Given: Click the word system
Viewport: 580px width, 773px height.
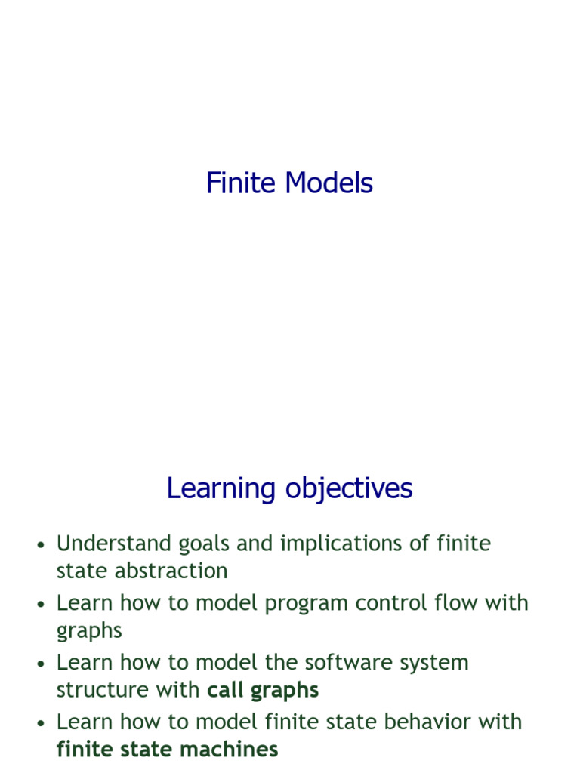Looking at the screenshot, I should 437,664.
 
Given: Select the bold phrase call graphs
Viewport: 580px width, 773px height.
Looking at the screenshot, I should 263,690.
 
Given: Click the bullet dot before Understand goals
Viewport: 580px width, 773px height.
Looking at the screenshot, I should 42,545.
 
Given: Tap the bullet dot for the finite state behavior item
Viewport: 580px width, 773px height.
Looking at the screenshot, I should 42,723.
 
